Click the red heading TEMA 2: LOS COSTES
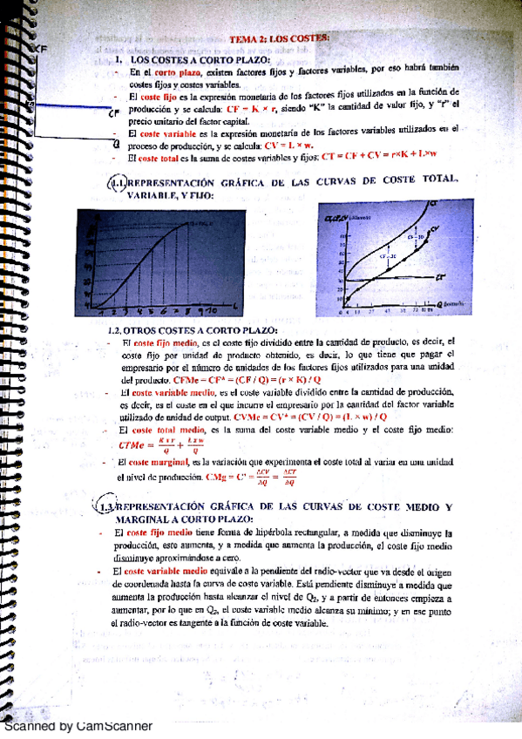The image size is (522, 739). pyautogui.click(x=279, y=39)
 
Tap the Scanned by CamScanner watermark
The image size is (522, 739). pyautogui.click(x=78, y=725)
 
